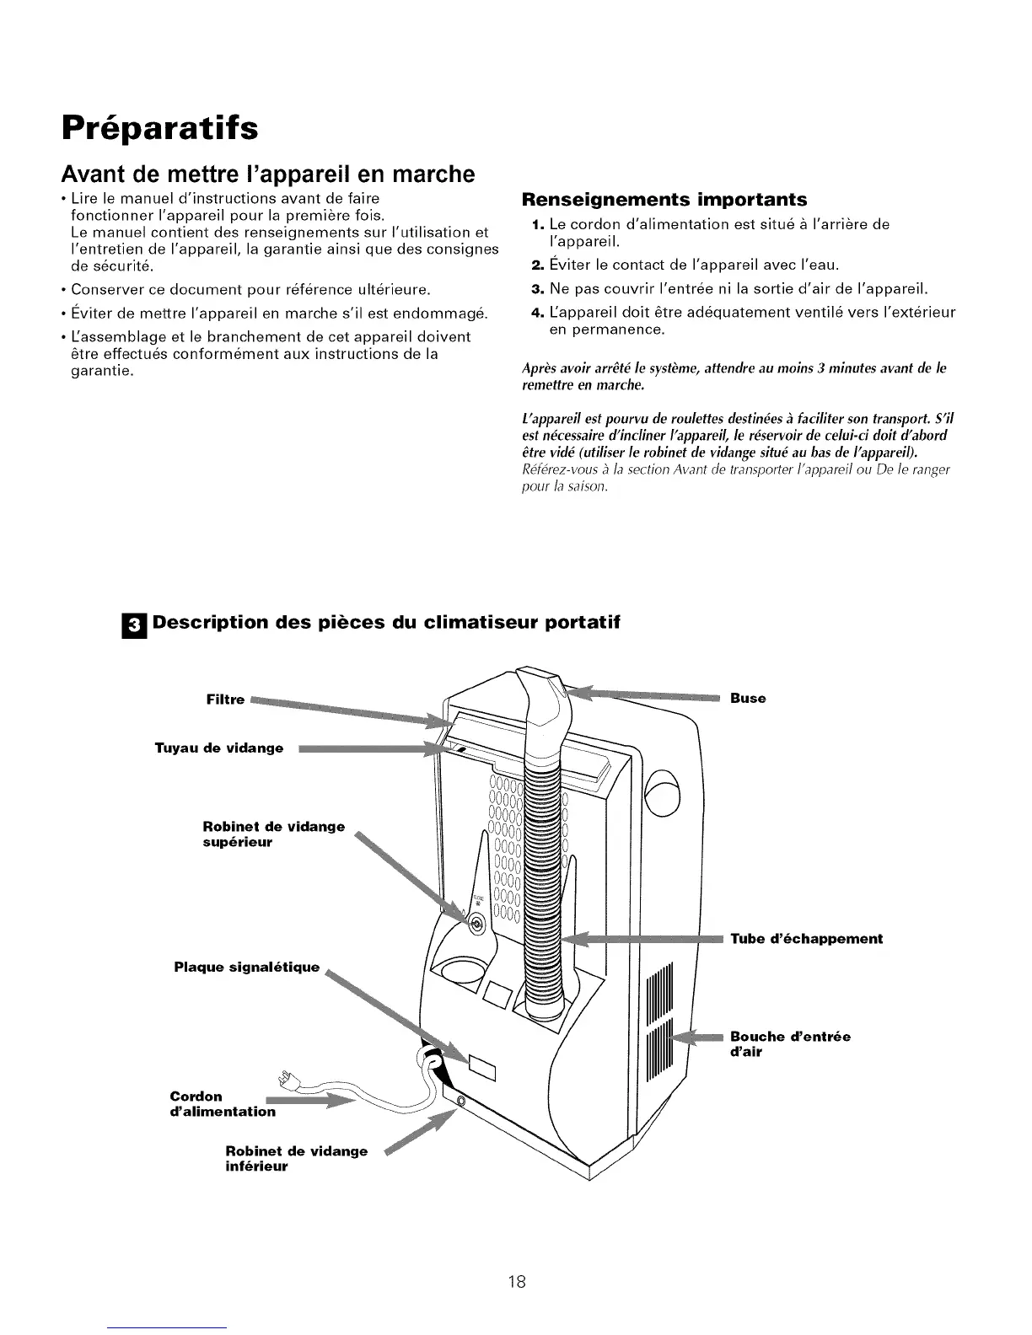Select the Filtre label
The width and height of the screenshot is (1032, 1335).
(225, 700)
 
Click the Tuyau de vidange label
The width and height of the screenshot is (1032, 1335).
(219, 748)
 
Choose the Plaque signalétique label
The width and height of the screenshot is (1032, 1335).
(247, 967)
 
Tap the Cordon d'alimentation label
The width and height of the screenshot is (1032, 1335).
(223, 1104)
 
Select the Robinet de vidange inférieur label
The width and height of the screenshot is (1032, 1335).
(297, 1159)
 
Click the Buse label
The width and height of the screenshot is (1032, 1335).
(748, 699)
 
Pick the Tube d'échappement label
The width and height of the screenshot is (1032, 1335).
(807, 939)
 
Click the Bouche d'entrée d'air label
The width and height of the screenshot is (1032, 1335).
(790, 1043)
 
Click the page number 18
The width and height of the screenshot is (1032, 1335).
(517, 1259)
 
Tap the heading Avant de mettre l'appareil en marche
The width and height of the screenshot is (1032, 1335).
(268, 174)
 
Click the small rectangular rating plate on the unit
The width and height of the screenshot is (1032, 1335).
(484, 1069)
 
